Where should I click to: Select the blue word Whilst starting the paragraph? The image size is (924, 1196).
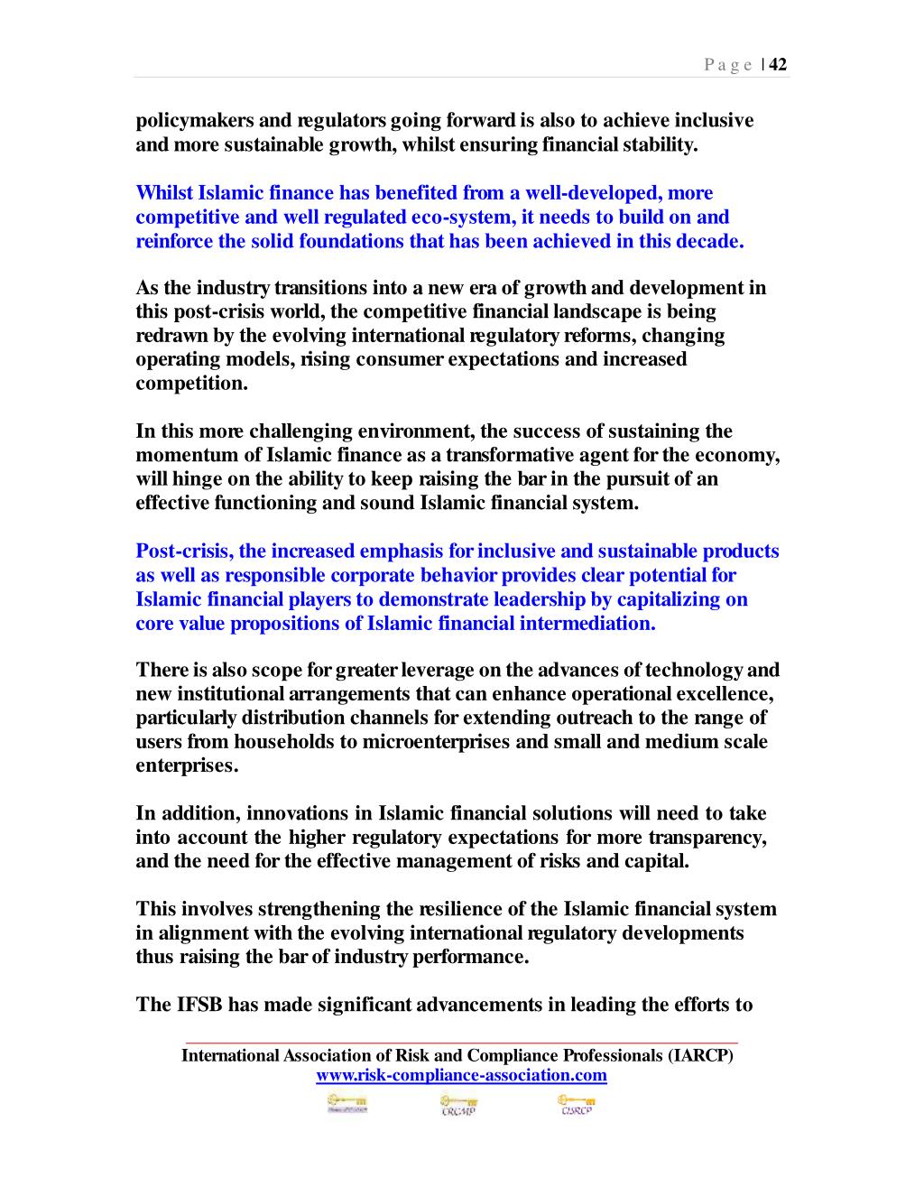coord(164,193)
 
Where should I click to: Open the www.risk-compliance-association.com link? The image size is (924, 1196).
coord(461,1076)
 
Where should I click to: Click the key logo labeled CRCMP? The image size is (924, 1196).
coord(458,1106)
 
